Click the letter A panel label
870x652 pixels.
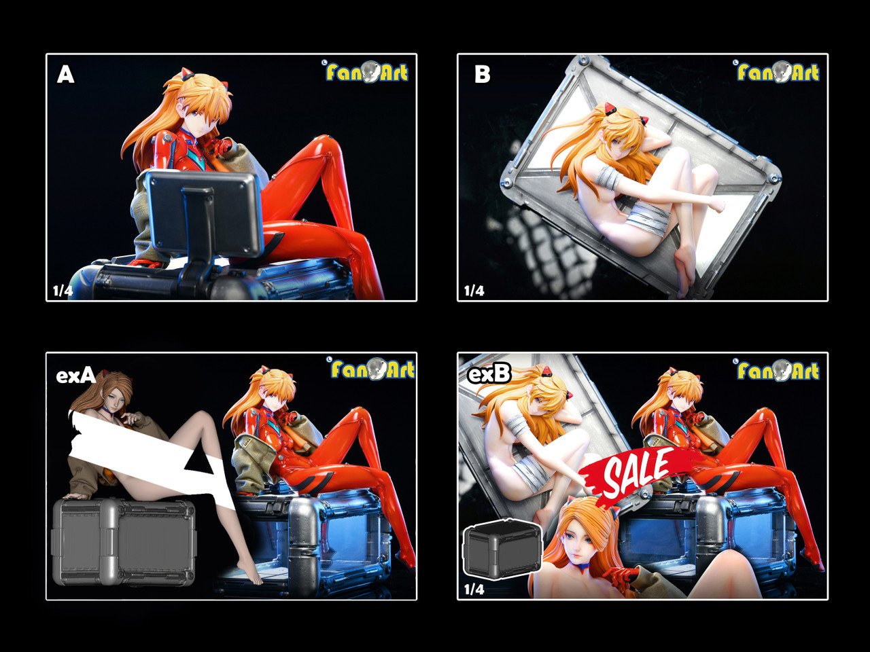(65, 74)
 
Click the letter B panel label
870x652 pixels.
(482, 74)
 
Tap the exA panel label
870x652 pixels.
(75, 375)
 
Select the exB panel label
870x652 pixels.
(489, 373)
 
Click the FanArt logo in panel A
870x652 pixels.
(367, 72)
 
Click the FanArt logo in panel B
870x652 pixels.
(778, 72)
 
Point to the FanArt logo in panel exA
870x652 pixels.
(372, 369)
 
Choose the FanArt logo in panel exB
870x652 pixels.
(778, 371)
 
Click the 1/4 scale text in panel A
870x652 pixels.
(63, 291)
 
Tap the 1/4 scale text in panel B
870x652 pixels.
(474, 291)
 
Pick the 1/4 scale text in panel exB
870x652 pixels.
(474, 589)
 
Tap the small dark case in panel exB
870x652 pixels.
(502, 549)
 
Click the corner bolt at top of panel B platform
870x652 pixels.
(584, 61)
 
